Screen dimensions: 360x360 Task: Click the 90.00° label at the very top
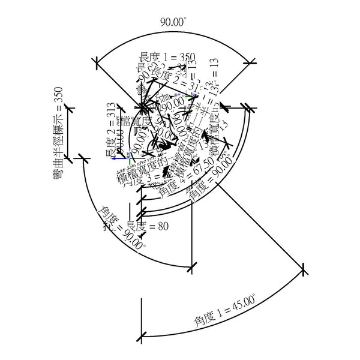tap(173, 22)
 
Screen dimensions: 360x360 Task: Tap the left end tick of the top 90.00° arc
tap(97, 60)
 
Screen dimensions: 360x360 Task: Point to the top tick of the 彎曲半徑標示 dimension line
tap(70, 108)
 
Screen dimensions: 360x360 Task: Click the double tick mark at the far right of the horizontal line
tap(248, 109)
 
